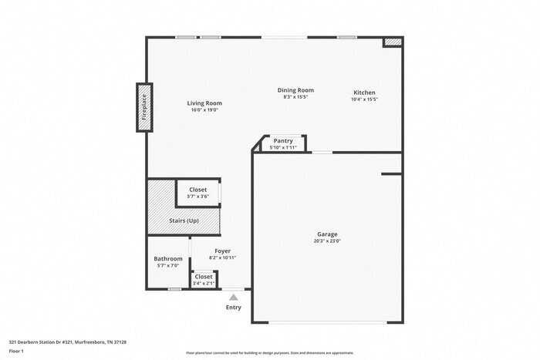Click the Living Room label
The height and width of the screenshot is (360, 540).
tap(204, 103)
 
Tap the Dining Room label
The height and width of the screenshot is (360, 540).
tap(295, 90)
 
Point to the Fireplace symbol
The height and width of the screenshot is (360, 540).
tap(144, 107)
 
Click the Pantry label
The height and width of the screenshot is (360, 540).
tap(283, 141)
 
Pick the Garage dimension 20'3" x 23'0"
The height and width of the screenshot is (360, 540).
tap(328, 241)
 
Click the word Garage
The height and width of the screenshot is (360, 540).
tap(328, 234)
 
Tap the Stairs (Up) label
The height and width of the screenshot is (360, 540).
tap(184, 220)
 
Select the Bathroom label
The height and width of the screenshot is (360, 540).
tap(168, 258)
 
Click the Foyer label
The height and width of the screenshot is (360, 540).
tap(223, 251)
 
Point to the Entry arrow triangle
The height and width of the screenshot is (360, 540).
tap(234, 295)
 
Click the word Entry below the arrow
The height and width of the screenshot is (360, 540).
tap(233, 308)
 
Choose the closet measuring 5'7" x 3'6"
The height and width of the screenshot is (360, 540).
tap(198, 193)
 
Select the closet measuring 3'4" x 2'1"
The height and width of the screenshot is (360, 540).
tap(204, 279)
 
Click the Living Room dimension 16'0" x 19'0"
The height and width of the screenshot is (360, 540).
tap(204, 109)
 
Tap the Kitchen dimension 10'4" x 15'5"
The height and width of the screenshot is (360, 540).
tap(364, 99)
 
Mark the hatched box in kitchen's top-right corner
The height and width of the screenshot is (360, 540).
tap(393, 41)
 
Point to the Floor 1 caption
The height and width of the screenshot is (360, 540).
tap(16, 351)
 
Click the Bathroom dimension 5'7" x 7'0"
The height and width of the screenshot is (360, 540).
tap(168, 265)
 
